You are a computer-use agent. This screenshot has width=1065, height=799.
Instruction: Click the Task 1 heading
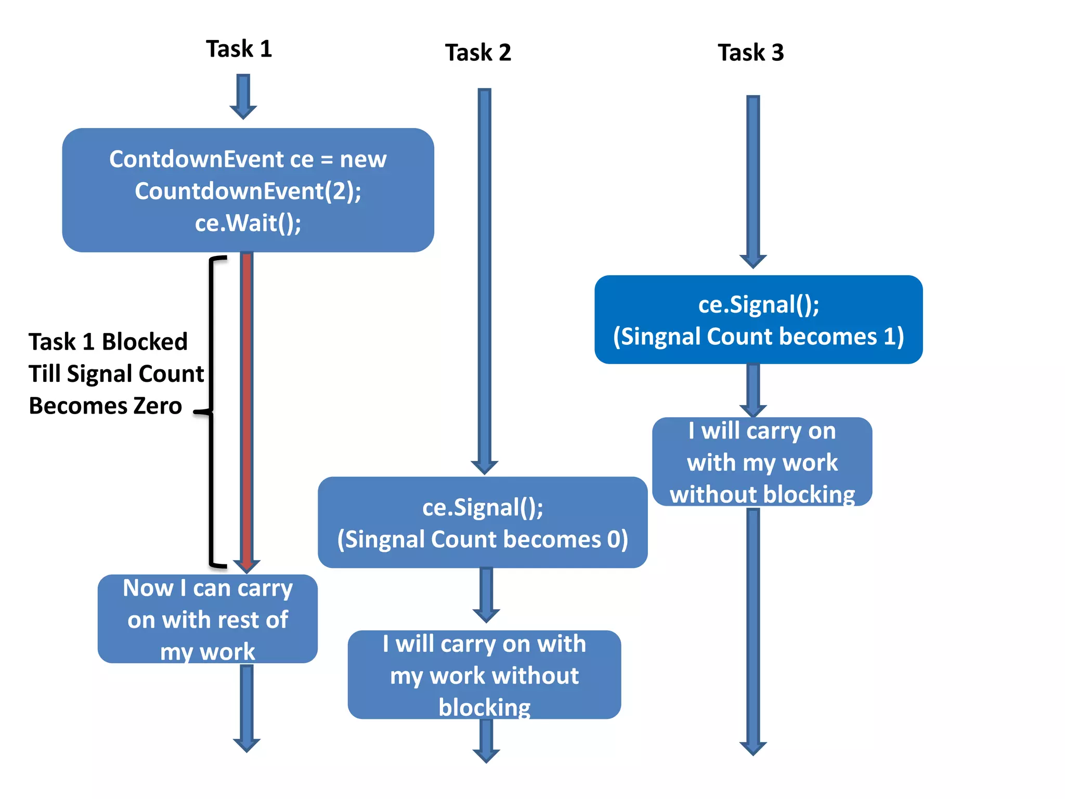pos(239,49)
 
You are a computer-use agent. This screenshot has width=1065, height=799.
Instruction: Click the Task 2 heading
pos(478,53)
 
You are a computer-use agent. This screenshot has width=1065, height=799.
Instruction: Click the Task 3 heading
pos(750,53)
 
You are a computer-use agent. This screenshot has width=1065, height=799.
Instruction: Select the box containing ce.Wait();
pos(248,190)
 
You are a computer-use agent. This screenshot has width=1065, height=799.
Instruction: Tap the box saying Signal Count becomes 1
pos(758,319)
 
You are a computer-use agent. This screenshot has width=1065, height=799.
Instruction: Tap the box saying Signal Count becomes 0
pos(482,522)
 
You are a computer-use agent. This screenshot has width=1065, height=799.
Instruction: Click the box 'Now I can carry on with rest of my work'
pos(207,619)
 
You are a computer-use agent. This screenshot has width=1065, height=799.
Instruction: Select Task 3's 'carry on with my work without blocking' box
pos(762,462)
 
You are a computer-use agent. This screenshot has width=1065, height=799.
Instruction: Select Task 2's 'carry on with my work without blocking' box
pos(484,675)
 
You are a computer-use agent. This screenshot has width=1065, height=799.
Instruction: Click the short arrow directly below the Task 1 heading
pos(243,97)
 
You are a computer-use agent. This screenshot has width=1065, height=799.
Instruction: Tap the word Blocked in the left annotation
pos(144,342)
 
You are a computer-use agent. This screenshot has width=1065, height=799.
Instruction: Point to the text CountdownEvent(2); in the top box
pos(248,191)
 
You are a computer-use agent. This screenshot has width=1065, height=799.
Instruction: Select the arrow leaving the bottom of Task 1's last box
pos(246,708)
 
